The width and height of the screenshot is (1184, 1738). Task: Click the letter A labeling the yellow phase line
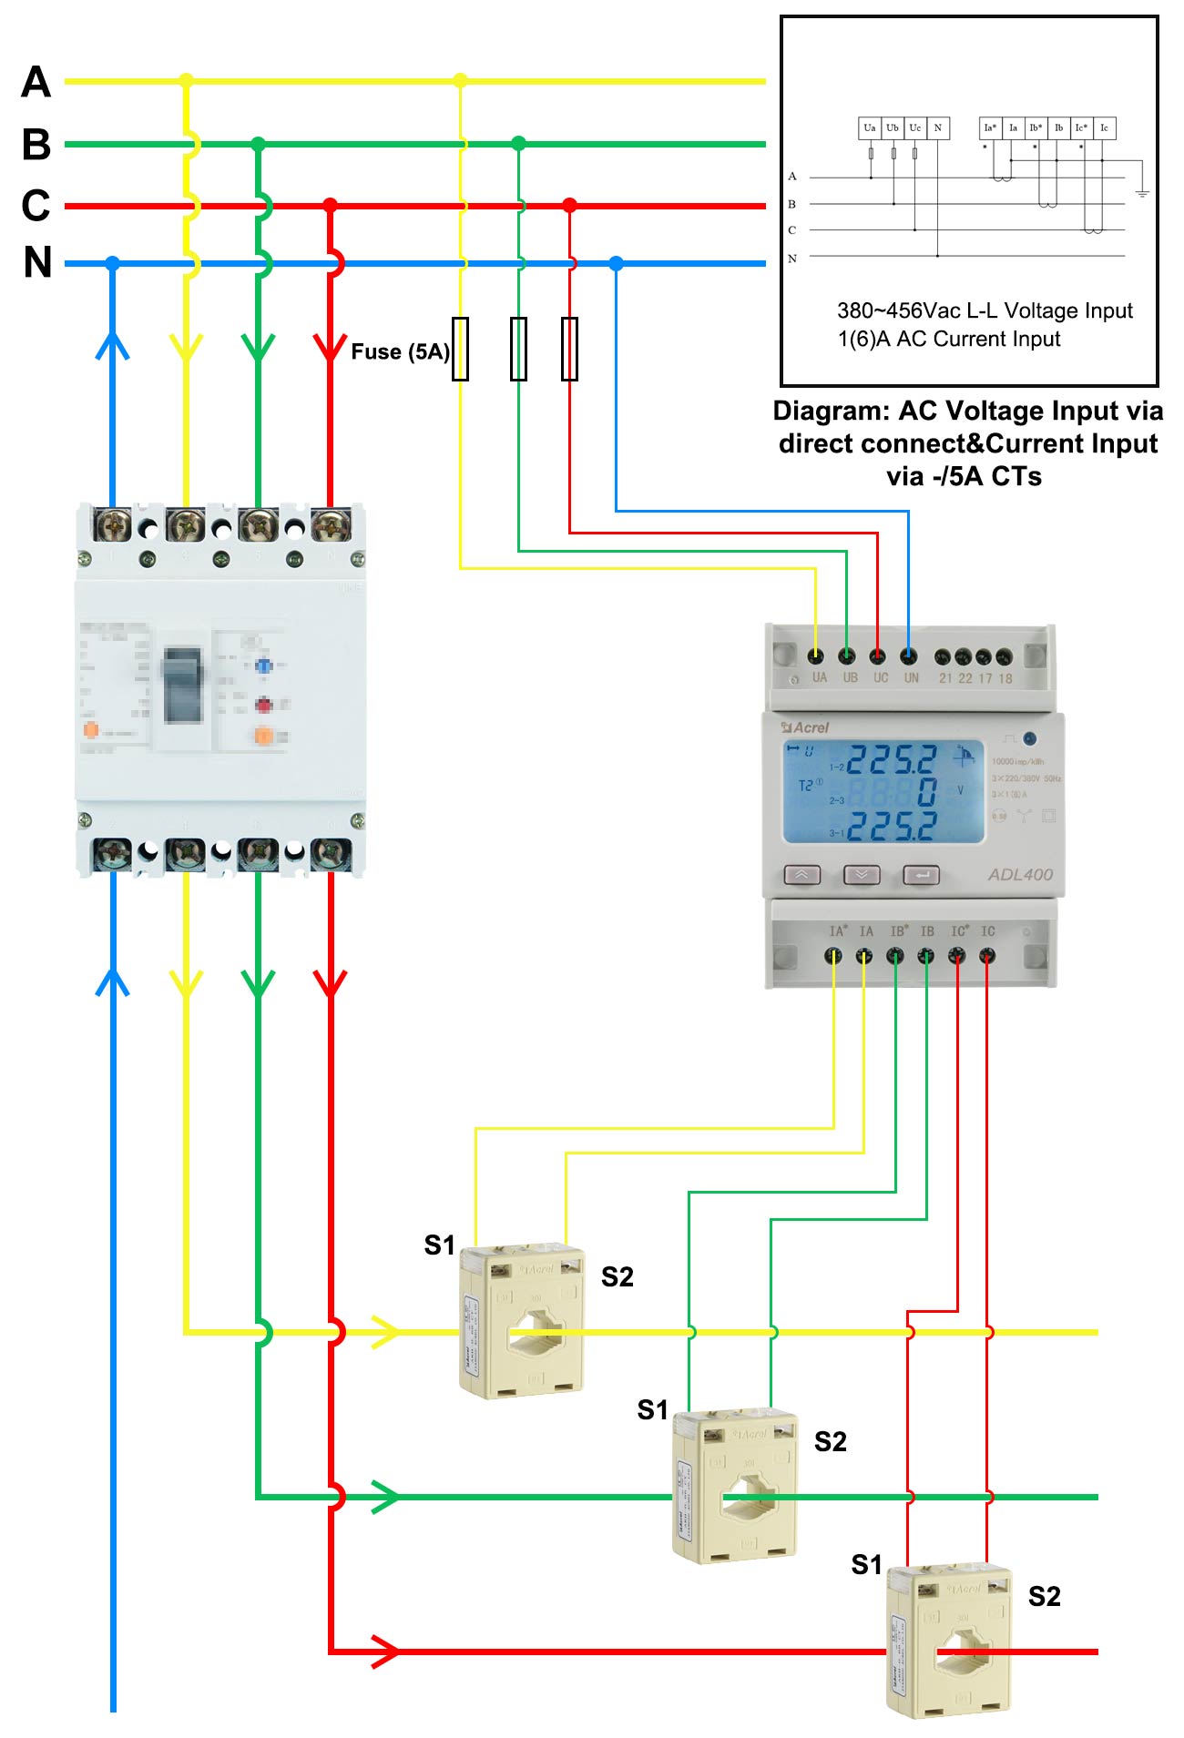36,82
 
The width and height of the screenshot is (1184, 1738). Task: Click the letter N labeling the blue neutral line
37,263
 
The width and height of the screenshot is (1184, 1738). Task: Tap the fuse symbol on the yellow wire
461,349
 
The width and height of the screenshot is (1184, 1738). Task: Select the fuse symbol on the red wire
569,349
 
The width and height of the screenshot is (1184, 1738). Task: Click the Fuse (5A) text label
400,351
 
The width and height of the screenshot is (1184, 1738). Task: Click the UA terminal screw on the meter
816,656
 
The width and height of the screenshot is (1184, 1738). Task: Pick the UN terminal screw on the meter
908,656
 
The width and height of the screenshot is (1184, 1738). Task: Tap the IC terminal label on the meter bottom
988,931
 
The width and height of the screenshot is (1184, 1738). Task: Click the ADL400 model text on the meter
1020,874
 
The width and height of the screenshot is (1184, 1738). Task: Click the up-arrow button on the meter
801,875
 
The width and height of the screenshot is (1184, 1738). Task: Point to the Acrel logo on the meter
806,727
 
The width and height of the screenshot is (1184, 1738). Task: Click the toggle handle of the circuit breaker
182,684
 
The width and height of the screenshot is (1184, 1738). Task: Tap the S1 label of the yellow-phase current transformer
439,1245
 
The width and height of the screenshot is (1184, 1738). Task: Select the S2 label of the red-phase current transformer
1044,1596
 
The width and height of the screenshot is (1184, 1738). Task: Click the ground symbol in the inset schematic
1141,192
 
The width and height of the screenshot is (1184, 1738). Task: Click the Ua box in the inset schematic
870,127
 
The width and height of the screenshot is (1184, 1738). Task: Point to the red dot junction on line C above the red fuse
569,206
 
